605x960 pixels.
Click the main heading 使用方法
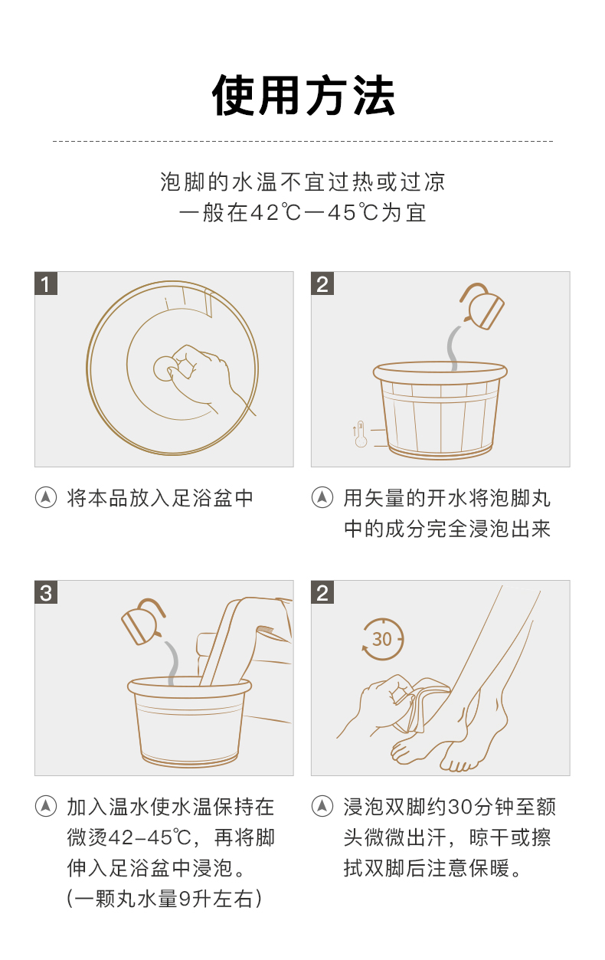click(303, 95)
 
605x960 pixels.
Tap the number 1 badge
click(46, 283)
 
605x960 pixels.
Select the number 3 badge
click(46, 592)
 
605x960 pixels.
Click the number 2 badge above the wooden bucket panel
click(322, 283)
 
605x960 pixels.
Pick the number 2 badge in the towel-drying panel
click(322, 592)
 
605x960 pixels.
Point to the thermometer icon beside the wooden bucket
click(360, 434)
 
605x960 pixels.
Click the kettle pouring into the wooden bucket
click(482, 306)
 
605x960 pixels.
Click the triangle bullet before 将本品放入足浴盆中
click(46, 497)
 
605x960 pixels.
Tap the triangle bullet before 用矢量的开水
click(322, 497)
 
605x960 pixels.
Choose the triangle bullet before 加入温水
click(46, 807)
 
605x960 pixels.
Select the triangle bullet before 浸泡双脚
click(322, 807)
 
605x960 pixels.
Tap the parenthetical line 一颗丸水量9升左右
click(164, 898)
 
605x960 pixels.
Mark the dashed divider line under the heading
click(302, 140)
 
